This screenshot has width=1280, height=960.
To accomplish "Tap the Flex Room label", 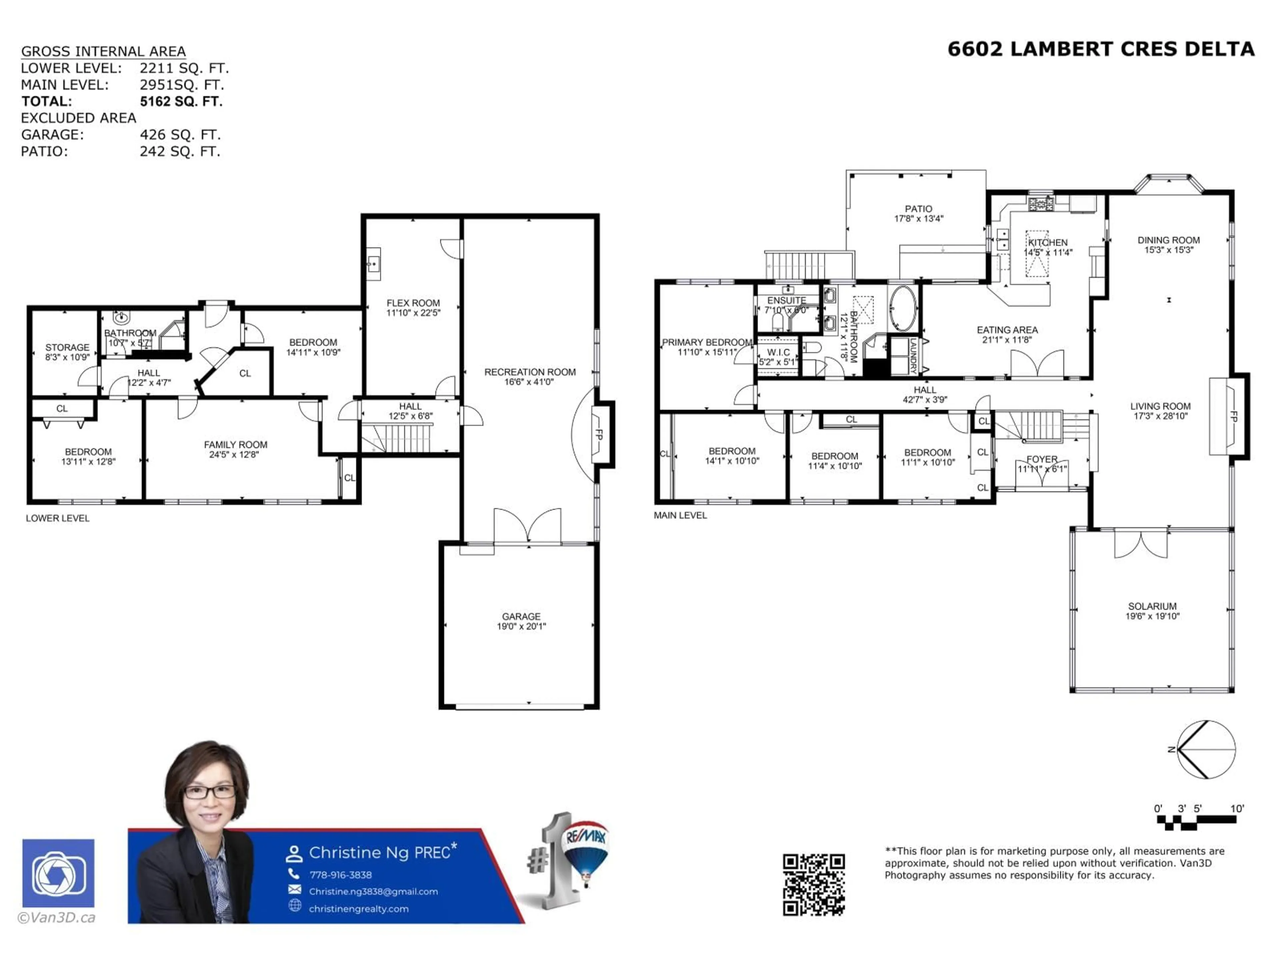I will point(413,303).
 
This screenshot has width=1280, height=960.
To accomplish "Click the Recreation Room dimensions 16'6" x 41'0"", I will point(529,382).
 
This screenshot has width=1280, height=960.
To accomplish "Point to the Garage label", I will point(521,616).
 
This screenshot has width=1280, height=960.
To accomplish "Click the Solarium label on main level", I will point(1152,606).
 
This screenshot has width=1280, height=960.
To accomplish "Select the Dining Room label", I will point(1168,240).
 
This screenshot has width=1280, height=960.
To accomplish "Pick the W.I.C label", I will point(778,352).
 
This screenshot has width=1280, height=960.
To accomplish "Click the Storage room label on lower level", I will point(67,347).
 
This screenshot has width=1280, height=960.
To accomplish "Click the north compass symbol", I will point(1206,749).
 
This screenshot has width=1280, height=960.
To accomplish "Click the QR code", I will point(814,884).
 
